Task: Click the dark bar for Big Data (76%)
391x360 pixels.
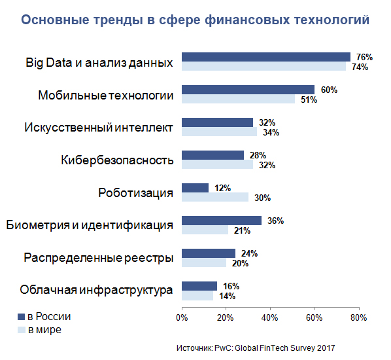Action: tap(265, 57)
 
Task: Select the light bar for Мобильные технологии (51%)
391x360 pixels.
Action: tap(238, 99)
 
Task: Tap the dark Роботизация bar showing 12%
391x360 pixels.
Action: tap(195, 188)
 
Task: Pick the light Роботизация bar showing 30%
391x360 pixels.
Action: tap(214, 197)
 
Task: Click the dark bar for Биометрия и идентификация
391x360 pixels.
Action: tap(221, 221)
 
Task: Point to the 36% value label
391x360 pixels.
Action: tap(275, 221)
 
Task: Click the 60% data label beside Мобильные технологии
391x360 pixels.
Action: tap(329, 90)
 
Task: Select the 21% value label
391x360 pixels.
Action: tap(242, 230)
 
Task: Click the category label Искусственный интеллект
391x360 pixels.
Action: tap(98, 127)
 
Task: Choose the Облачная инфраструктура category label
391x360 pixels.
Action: tap(96, 290)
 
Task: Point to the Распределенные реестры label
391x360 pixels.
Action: tap(98, 258)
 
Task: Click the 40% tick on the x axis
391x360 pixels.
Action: tap(269, 318)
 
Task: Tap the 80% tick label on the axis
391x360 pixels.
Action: tap(358, 318)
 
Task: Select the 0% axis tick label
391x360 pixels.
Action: tap(180, 318)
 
